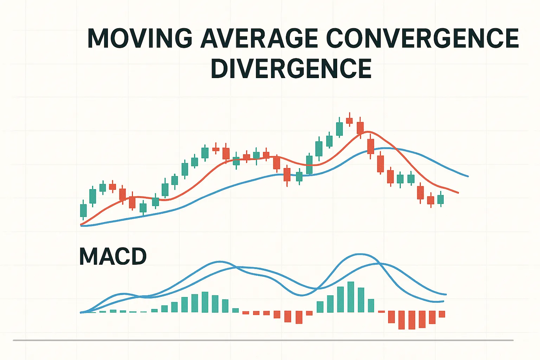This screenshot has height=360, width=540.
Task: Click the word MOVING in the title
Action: point(140,38)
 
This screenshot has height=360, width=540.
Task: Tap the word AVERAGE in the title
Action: point(259,38)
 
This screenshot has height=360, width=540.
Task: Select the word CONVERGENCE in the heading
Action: point(422,38)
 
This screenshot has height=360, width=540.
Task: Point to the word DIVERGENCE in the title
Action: point(291,69)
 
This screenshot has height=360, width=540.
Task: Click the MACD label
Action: point(113,256)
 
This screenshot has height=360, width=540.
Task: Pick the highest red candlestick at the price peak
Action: point(349,121)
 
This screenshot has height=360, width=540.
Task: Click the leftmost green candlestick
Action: point(83,210)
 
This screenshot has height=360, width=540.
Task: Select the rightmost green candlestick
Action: point(441,199)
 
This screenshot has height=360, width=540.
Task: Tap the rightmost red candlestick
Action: point(431,200)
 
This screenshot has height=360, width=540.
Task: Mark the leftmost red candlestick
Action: point(112,187)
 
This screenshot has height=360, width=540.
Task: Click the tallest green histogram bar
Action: point(351,297)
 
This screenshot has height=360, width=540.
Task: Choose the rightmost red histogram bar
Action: point(442,314)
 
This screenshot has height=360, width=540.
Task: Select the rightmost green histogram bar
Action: point(371,306)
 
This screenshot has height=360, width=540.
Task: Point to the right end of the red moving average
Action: point(458,193)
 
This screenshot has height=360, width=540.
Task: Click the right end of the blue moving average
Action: point(468,176)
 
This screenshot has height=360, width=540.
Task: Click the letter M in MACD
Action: point(88,256)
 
